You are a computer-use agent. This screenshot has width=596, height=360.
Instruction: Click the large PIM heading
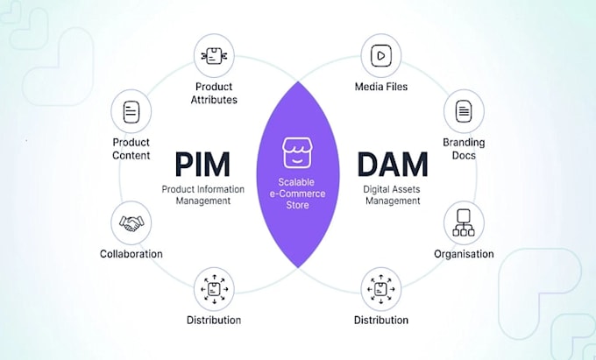click(202, 165)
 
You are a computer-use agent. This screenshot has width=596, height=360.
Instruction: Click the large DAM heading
click(393, 165)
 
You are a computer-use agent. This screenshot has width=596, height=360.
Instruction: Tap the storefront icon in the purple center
click(297, 152)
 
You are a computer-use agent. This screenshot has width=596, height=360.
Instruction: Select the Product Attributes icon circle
click(214, 56)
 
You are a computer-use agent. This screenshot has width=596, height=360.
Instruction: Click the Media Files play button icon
click(381, 56)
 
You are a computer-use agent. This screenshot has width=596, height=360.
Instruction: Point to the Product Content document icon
click(131, 111)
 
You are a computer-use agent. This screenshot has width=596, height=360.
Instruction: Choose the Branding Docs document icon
click(464, 111)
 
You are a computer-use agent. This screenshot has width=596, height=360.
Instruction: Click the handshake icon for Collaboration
click(131, 223)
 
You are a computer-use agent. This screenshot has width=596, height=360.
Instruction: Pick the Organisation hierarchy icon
click(464, 222)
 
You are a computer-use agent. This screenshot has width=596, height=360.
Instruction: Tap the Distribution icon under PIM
click(214, 289)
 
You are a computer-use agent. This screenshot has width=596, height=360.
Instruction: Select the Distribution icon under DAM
click(381, 289)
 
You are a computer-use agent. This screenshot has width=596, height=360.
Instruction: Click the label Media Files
click(381, 87)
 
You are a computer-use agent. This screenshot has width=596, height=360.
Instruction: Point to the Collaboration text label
click(131, 254)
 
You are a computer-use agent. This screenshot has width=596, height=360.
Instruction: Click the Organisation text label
click(464, 254)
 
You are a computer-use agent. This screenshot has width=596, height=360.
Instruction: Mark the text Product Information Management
click(203, 194)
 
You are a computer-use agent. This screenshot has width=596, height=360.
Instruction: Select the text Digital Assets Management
click(392, 194)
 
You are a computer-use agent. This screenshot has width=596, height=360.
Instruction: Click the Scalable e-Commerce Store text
click(297, 194)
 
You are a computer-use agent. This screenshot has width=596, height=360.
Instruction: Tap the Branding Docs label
click(464, 149)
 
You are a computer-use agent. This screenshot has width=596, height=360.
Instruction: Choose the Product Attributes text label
click(214, 93)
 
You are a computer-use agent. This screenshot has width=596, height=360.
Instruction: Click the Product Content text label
click(131, 149)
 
